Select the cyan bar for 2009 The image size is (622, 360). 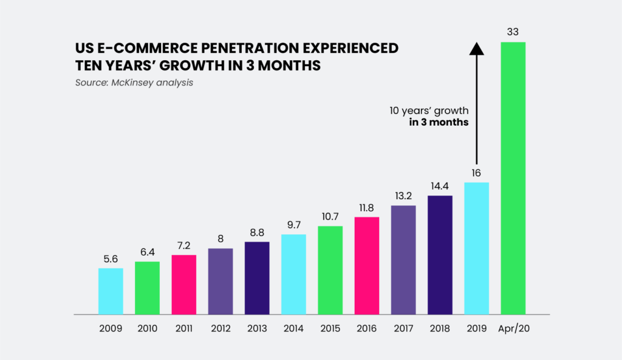pyautogui.click(x=111, y=291)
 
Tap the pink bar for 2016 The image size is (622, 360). pyautogui.click(x=367, y=265)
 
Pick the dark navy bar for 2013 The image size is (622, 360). pyautogui.click(x=257, y=278)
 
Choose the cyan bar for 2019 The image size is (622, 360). pyautogui.click(x=476, y=248)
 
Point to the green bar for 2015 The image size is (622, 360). pyautogui.click(x=330, y=270)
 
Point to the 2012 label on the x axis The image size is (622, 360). pyautogui.click(x=220, y=328)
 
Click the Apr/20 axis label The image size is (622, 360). pyautogui.click(x=513, y=328)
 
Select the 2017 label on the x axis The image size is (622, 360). pyautogui.click(x=403, y=328)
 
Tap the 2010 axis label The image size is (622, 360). pyautogui.click(x=148, y=328)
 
